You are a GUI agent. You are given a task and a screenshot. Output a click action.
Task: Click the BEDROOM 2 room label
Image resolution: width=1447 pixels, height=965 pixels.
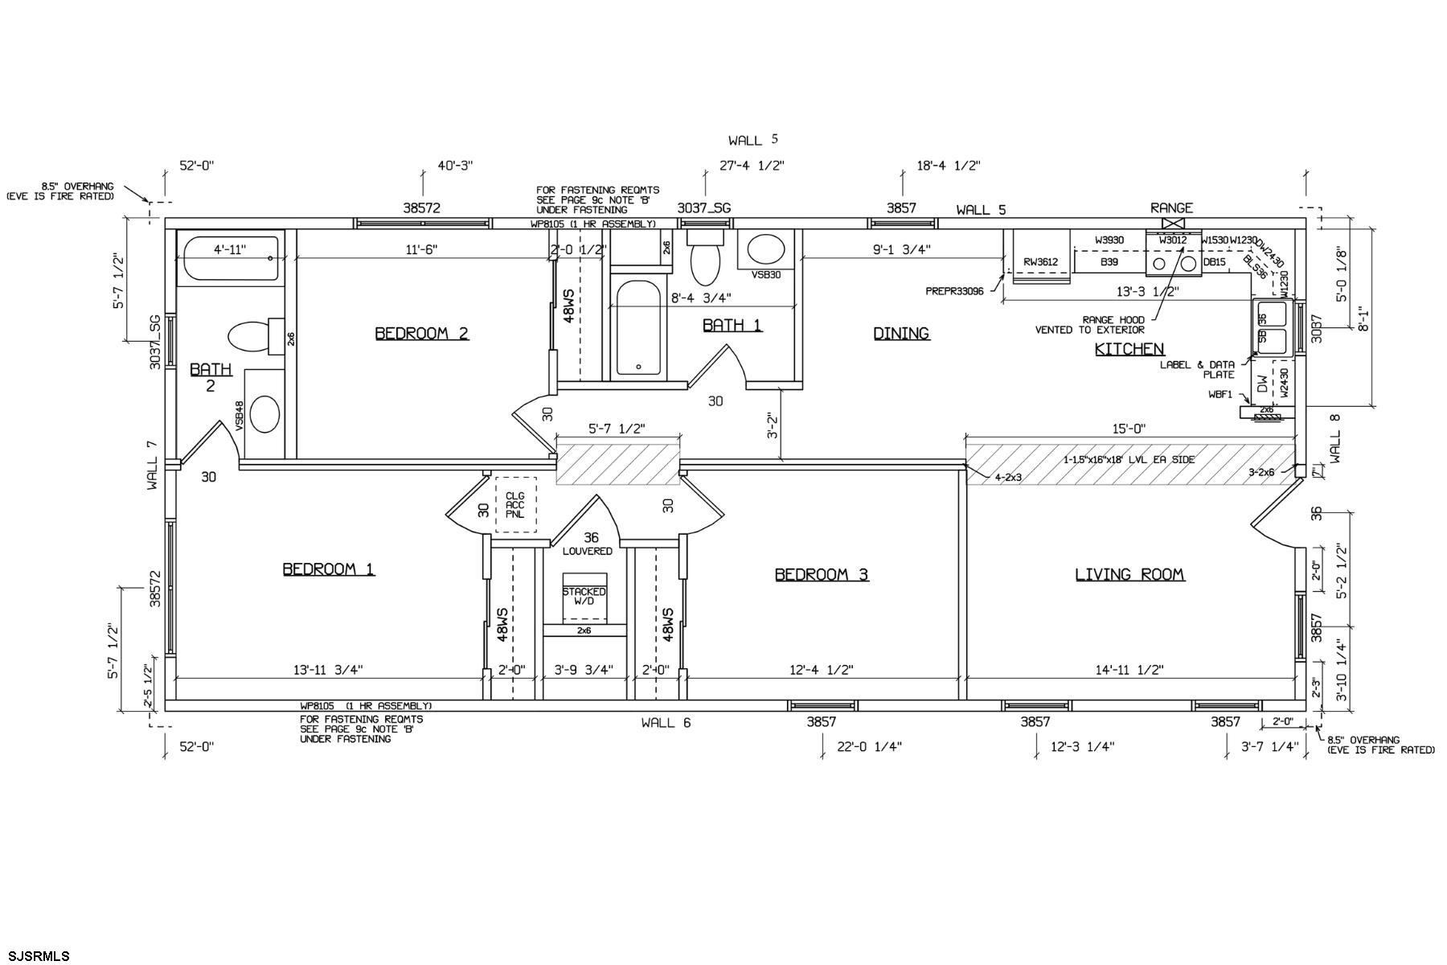[x=421, y=333]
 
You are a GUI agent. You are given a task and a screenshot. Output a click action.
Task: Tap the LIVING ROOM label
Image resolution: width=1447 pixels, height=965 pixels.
[x=1129, y=574]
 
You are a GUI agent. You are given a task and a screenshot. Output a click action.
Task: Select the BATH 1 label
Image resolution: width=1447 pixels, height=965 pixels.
[x=732, y=325]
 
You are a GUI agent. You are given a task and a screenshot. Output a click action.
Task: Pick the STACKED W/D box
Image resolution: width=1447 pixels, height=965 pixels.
[x=584, y=597]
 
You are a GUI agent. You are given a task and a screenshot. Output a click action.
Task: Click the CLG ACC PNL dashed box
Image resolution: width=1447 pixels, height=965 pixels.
[x=515, y=505]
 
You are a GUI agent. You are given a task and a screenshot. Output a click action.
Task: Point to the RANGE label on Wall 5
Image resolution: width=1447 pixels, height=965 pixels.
[x=1171, y=208]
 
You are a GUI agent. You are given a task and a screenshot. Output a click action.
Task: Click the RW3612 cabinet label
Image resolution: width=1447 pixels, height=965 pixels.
[x=1040, y=262]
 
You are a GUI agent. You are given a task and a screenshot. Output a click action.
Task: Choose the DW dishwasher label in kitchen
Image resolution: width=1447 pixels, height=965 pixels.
[x=1262, y=385]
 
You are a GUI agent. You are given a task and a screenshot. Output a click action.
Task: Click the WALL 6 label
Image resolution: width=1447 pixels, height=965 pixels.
[x=666, y=722]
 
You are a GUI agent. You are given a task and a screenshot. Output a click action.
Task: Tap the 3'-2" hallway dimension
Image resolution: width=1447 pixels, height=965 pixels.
[x=773, y=426]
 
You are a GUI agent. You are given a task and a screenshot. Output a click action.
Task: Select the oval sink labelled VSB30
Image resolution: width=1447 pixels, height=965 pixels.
[x=767, y=250]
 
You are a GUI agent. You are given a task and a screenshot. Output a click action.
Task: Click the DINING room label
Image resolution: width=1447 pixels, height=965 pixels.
[x=901, y=333]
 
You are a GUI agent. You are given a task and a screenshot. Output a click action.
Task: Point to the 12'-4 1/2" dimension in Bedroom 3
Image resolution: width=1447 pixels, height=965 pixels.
[x=821, y=669]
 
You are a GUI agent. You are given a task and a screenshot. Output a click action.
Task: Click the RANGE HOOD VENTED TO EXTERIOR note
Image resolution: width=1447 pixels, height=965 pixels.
[x=1089, y=324]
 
